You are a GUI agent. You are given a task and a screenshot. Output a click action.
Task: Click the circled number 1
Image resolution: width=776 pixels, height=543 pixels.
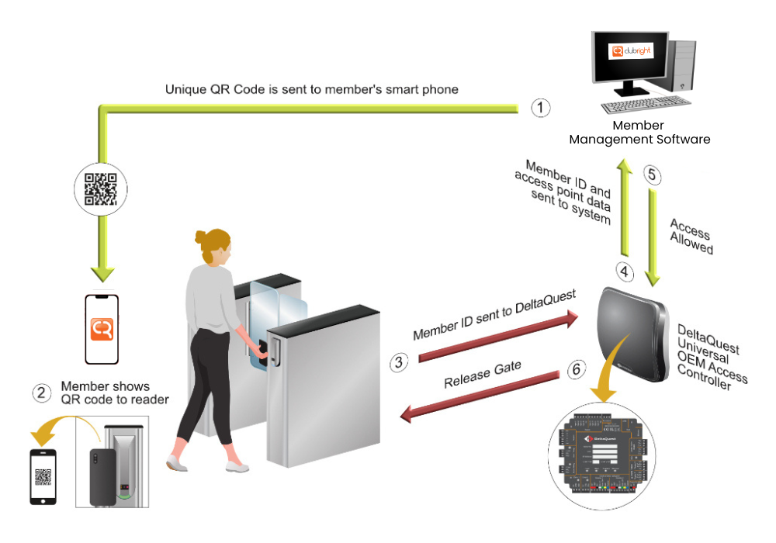(x=541, y=108)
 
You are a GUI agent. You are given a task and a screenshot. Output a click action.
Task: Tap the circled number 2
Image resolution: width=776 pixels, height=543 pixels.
(x=41, y=393)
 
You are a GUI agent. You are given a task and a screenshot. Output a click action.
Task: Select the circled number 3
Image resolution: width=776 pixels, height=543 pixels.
(x=398, y=361)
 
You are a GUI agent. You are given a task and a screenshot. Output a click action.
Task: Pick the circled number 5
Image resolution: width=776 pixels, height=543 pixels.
(x=653, y=175)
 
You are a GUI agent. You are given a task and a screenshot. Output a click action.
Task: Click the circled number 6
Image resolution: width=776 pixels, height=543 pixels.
(x=575, y=370)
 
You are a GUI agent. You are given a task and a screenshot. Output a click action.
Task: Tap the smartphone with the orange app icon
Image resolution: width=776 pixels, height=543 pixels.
(x=102, y=328)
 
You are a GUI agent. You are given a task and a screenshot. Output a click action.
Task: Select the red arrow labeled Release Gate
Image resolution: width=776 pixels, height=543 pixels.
(x=481, y=396)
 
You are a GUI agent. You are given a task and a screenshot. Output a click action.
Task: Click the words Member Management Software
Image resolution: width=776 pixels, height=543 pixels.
(x=639, y=133)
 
